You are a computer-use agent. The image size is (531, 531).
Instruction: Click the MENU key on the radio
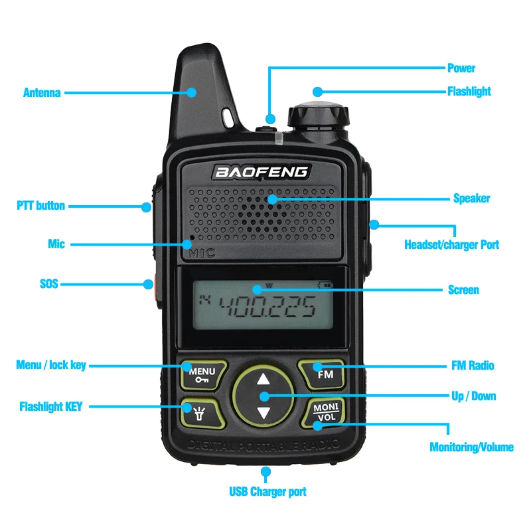(x=203, y=375)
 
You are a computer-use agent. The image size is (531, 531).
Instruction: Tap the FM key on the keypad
(x=323, y=374)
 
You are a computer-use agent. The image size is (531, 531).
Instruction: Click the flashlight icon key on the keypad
(x=202, y=414)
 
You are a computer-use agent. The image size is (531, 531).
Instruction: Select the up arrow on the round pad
(x=264, y=379)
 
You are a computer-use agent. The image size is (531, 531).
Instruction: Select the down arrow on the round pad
(x=264, y=413)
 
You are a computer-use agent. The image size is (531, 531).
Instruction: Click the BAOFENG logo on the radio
(x=262, y=172)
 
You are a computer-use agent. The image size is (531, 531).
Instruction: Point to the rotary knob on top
(x=318, y=115)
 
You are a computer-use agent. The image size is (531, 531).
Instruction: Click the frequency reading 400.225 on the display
(x=267, y=306)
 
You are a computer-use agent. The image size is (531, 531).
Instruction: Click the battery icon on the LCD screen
(x=325, y=285)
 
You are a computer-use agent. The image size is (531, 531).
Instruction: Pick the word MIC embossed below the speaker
(x=202, y=253)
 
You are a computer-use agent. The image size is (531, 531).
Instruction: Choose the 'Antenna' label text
(x=42, y=92)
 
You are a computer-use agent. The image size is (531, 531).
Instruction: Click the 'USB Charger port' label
(x=267, y=492)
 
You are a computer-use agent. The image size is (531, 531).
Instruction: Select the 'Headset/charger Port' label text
(x=452, y=244)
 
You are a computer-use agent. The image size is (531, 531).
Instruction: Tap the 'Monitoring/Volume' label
(x=471, y=447)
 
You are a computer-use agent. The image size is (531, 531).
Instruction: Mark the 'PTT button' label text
(x=40, y=206)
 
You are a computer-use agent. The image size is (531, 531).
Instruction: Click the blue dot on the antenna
(x=192, y=92)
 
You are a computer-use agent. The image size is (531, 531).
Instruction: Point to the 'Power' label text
(x=461, y=68)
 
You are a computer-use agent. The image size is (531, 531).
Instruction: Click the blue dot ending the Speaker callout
(x=272, y=199)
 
